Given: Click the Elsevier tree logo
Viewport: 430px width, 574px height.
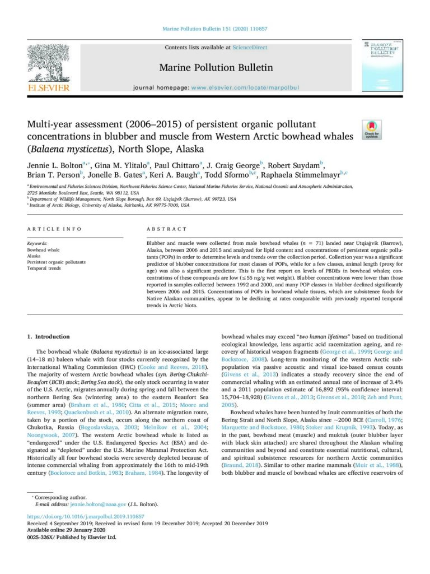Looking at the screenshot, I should click(x=49, y=63).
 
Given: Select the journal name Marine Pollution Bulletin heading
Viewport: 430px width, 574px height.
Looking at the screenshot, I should click(x=216, y=68).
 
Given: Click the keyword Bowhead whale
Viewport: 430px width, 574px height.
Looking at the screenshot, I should click(x=44, y=249).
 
